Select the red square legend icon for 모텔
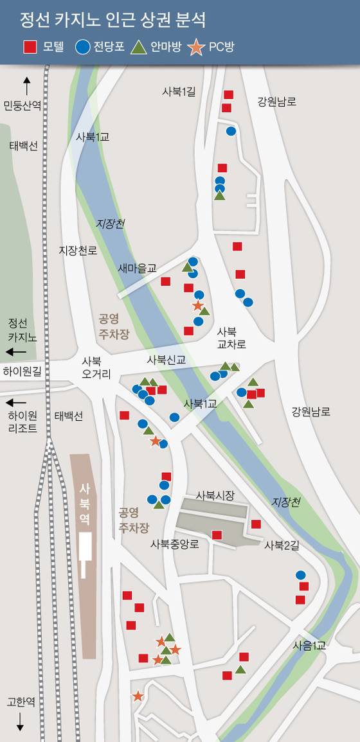point(30,47)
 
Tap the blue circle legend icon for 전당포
point(82,47)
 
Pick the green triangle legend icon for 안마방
point(139,47)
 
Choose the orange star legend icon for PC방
point(197,47)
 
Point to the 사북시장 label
point(215,495)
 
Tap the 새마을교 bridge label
point(137,268)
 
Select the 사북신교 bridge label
point(166,360)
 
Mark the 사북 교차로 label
point(231,338)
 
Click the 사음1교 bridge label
point(309,645)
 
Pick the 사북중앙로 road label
point(175,544)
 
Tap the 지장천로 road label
point(78,250)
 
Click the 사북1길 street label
point(179,92)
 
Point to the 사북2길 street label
point(282,545)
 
